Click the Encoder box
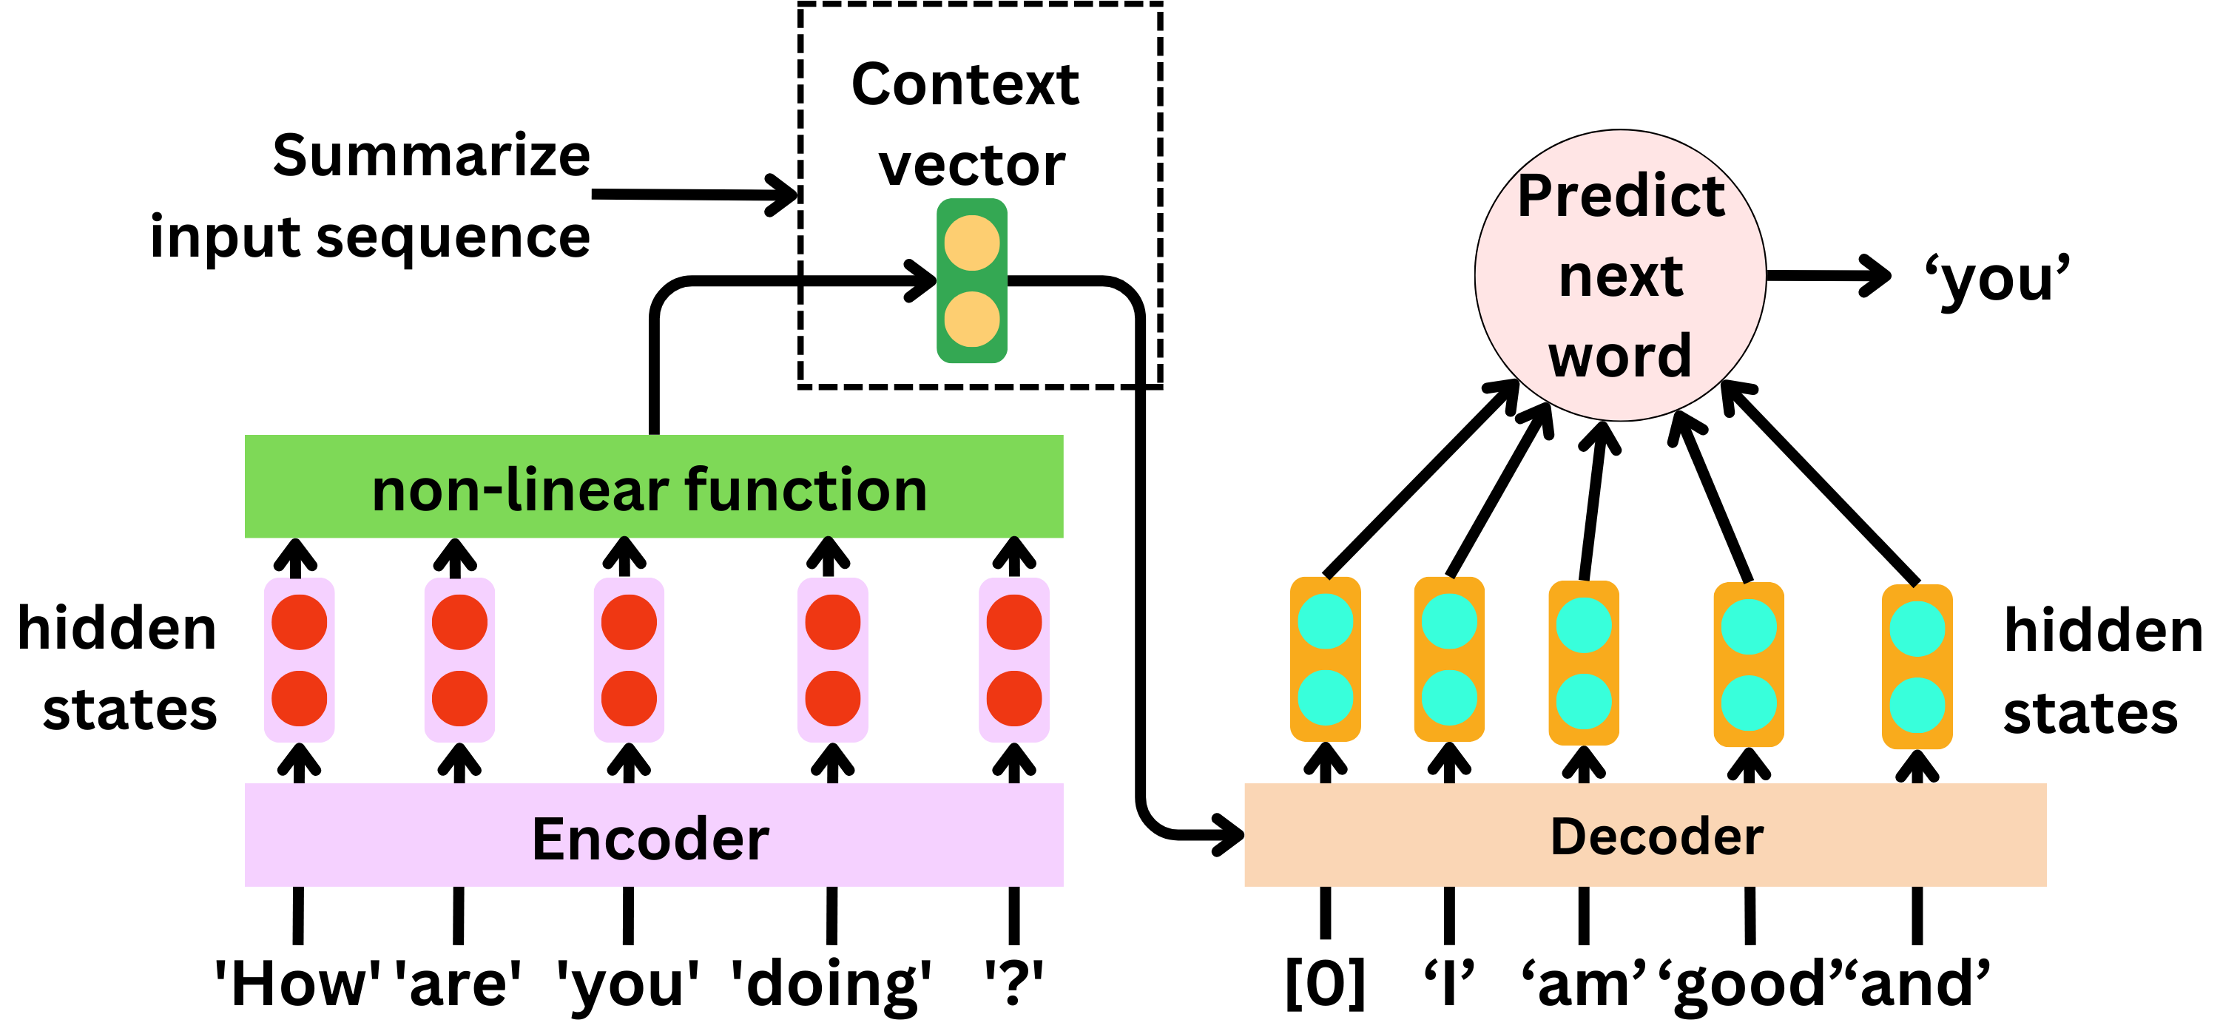653,836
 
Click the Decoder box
1644,836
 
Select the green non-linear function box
653,487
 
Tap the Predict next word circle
1620,276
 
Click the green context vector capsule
972,281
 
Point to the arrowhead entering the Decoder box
1227,834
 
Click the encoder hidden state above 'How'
299,660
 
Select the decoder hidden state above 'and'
1917,667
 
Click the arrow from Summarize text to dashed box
694,195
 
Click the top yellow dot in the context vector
972,243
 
